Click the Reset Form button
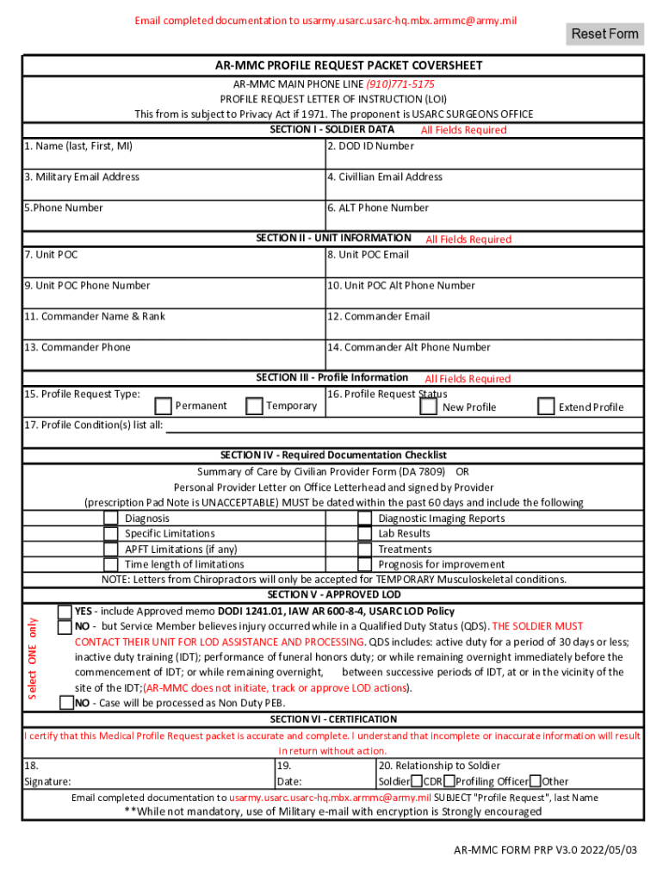pos(605,34)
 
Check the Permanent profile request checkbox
pos(164,406)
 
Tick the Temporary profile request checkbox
pos(254,406)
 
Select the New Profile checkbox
pos(428,407)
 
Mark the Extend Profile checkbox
pos(546,407)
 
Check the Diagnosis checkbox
pos(111,519)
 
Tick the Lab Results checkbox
pos(365,534)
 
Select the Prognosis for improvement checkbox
pos(365,565)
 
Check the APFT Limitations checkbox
pos(111,550)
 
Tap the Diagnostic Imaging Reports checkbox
pos(365,519)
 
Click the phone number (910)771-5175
pos(400,84)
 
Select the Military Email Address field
pos(173,185)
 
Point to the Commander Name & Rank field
pos(173,325)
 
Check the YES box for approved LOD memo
pos(65,612)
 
